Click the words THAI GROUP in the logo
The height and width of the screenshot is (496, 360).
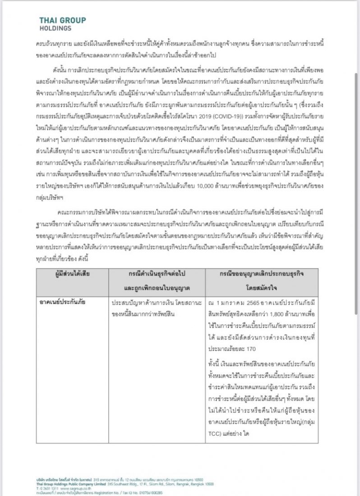click(63, 20)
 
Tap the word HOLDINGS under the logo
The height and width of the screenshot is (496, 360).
click(55, 28)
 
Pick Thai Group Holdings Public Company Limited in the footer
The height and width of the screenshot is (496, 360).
click(72, 483)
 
